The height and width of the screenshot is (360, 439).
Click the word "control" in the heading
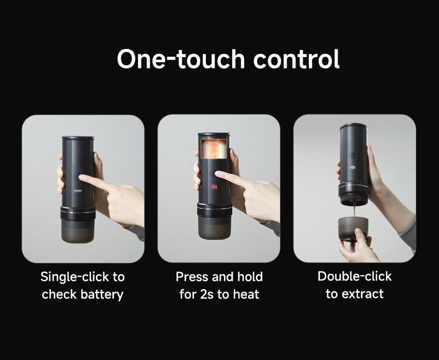click(296, 59)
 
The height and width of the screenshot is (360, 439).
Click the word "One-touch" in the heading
click(181, 59)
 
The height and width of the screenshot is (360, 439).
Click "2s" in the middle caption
click(207, 295)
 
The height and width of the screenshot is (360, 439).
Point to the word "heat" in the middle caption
click(246, 294)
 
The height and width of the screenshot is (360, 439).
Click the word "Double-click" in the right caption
click(355, 276)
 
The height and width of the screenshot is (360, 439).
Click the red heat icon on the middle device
click(214, 187)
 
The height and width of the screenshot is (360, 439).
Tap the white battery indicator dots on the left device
click(78, 191)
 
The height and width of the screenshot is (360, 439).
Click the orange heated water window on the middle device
click(215, 149)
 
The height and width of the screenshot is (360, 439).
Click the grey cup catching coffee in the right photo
click(353, 228)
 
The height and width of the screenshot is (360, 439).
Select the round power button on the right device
click(353, 155)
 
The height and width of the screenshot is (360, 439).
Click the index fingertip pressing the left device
click(81, 177)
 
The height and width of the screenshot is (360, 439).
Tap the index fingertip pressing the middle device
click(217, 174)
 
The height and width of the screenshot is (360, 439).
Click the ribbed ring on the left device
click(78, 213)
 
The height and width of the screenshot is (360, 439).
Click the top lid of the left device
click(78, 138)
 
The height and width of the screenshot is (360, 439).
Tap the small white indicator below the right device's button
click(353, 168)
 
